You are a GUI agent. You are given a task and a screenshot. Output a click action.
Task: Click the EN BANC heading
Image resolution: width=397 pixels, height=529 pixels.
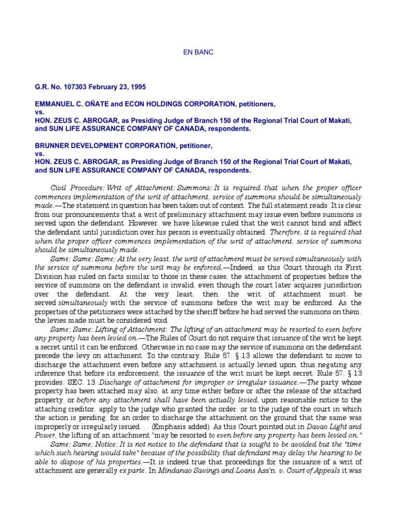[x=198, y=52]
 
